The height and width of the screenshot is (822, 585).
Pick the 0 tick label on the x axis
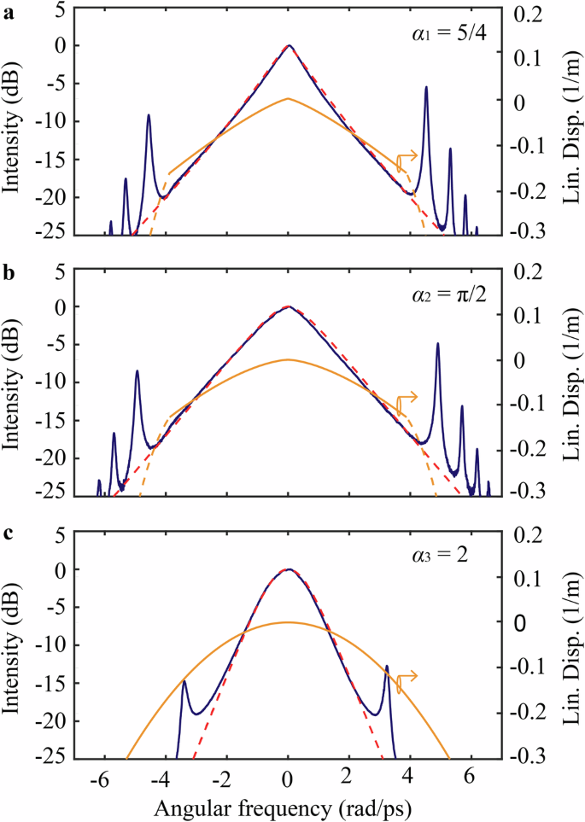pyautogui.click(x=289, y=779)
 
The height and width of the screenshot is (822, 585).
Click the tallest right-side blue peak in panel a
pyautogui.click(x=425, y=88)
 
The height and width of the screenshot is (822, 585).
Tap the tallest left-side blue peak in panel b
pyautogui.click(x=137, y=371)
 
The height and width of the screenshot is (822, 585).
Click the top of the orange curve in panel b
pyautogui.click(x=289, y=359)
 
